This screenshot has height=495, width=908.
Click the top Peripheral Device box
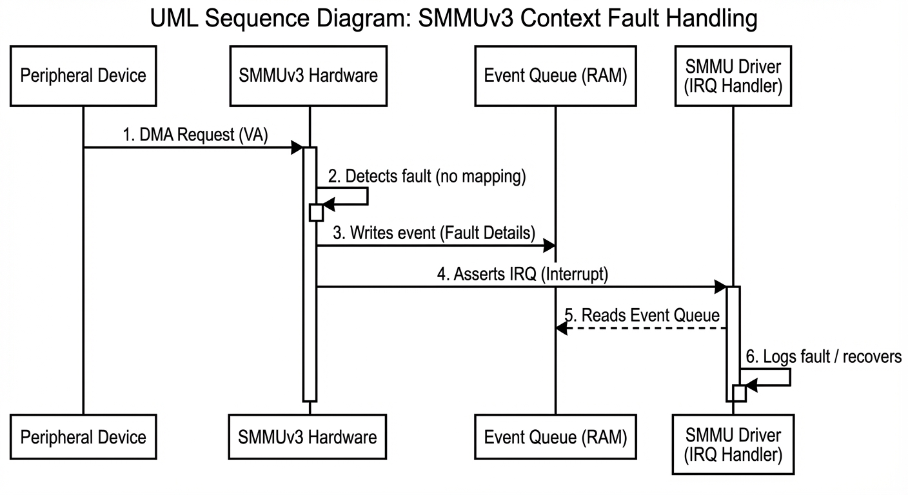[x=83, y=76]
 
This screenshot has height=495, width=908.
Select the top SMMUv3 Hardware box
[x=308, y=76]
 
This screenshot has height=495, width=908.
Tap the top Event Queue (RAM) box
[x=555, y=76]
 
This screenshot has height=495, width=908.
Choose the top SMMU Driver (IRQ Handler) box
[x=733, y=76]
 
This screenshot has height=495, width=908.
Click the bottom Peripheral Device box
[x=83, y=437]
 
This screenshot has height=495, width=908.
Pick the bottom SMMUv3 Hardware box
[x=308, y=437]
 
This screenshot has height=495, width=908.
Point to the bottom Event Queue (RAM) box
[x=555, y=437]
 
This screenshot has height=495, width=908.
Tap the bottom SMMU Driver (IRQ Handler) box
[x=733, y=445]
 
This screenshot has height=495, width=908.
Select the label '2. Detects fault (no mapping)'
[x=427, y=177]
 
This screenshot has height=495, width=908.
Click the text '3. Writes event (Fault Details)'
[x=434, y=233]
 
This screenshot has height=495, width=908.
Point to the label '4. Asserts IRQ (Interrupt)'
[x=522, y=275]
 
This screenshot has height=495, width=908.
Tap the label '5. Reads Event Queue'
[x=642, y=316]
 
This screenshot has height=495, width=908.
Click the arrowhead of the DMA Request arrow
[x=297, y=148]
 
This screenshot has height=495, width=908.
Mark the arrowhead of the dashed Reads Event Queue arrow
[x=561, y=329]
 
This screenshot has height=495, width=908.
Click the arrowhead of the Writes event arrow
[x=549, y=246]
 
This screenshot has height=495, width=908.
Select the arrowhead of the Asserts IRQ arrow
[x=721, y=287]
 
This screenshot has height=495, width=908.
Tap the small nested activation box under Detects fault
[x=316, y=212]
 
